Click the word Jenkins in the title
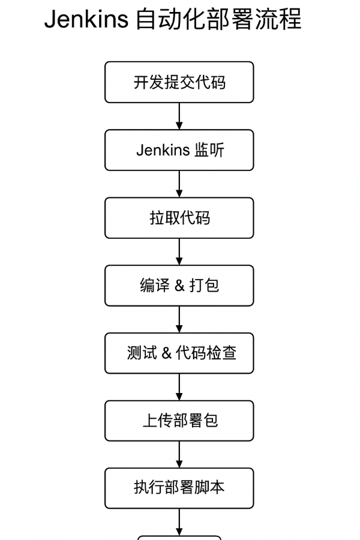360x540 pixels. (x=86, y=19)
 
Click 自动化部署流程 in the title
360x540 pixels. (x=219, y=19)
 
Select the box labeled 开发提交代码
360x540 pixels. (x=179, y=82)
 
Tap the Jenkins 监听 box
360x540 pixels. (x=179, y=150)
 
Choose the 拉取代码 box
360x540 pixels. (x=179, y=218)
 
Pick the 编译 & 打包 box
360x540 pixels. (x=179, y=286)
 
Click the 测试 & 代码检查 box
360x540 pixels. (x=179, y=353)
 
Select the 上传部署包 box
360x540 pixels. (x=179, y=421)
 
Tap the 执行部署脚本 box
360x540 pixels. (x=179, y=488)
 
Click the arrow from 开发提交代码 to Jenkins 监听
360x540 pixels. (x=179, y=116)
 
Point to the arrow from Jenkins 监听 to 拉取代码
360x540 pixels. (x=179, y=184)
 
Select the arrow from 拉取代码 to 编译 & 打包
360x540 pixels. (x=179, y=252)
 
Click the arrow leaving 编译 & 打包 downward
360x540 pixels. (x=179, y=319)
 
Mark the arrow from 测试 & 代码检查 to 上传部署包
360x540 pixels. (x=179, y=387)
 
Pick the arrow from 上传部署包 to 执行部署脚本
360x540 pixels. (x=179, y=454)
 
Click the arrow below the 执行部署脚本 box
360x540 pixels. (x=179, y=522)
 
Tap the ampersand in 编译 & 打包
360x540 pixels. (x=179, y=286)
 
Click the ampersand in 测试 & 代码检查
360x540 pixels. (x=166, y=353)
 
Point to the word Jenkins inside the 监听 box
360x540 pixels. (x=163, y=150)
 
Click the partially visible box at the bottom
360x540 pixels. (x=179, y=538)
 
